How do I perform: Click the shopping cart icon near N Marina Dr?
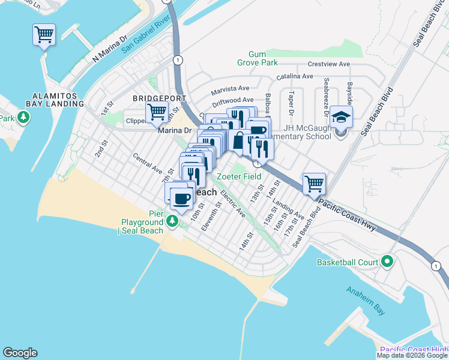coord(44,35)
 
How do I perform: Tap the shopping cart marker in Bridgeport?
coord(157,111)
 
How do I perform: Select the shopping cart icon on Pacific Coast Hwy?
coord(314,184)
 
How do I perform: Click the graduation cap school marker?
coord(341,116)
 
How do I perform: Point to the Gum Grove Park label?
coord(264,58)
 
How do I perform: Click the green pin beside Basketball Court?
coord(387,262)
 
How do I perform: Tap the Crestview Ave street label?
coord(328,64)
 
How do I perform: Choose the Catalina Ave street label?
coord(295,77)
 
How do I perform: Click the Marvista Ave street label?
coord(230,89)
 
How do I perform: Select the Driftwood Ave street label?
coord(235,100)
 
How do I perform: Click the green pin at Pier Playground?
coord(173,222)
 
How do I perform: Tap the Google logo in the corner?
coord(20,353)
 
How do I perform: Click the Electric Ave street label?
coord(233,204)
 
